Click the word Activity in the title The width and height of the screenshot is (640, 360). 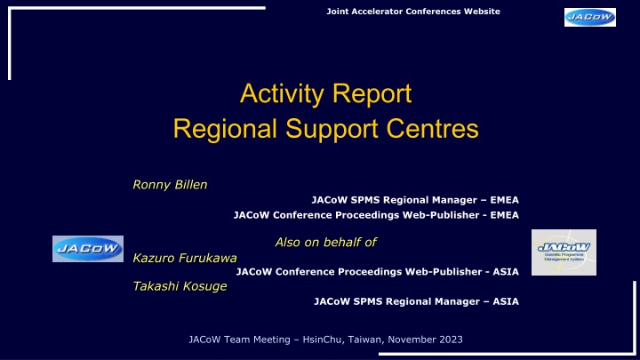[282, 94]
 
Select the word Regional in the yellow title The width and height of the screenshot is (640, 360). [225, 130]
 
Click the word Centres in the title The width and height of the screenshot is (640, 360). [432, 129]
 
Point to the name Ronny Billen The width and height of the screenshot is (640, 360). [170, 185]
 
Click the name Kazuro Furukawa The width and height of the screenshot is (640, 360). [185, 258]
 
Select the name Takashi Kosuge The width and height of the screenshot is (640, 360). [180, 286]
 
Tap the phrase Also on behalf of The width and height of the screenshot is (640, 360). [325, 242]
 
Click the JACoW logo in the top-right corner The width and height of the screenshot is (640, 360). [590, 17]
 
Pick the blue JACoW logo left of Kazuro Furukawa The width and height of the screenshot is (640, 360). [88, 249]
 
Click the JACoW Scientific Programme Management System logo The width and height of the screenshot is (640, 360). [564, 252]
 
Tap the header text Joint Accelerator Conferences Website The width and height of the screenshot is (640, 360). [413, 12]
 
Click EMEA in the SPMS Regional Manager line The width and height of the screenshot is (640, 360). [505, 200]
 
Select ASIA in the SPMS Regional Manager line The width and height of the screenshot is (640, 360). [506, 301]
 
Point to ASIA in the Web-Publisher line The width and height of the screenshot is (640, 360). [506, 272]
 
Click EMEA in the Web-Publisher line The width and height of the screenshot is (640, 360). [505, 215]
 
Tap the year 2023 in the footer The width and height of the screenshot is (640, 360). [451, 340]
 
